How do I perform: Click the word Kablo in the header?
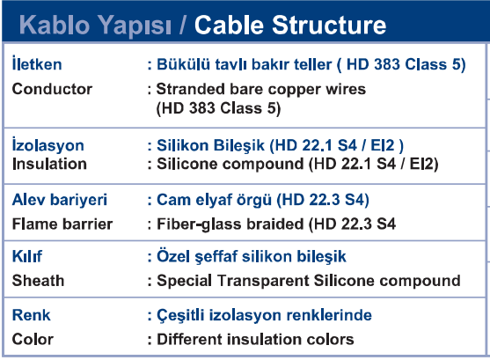tap(55, 25)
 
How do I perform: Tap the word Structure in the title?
tap(329, 25)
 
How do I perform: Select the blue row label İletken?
tap(37, 63)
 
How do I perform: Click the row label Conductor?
tap(52, 89)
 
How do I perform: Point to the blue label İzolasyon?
tap(48, 145)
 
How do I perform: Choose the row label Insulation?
tap(49, 164)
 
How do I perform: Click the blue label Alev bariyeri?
tap(59, 200)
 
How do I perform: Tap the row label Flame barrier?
tap(62, 224)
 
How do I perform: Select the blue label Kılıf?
tap(27, 256)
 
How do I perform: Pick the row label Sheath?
tap(38, 280)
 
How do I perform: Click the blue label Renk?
tap(32, 315)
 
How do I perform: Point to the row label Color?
tap(33, 339)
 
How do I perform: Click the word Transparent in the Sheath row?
tap(263, 281)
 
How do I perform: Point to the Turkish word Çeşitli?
tap(180, 315)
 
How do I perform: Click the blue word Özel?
tap(173, 255)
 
